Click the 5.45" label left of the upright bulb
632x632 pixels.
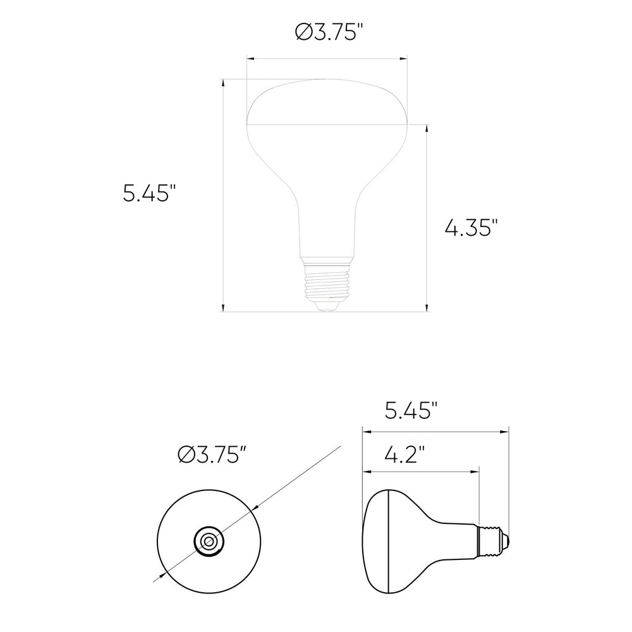(149, 193)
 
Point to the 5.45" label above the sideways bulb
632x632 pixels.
(411, 411)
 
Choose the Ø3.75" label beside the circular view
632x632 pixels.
(211, 455)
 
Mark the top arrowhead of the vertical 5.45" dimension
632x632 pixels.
(223, 83)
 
